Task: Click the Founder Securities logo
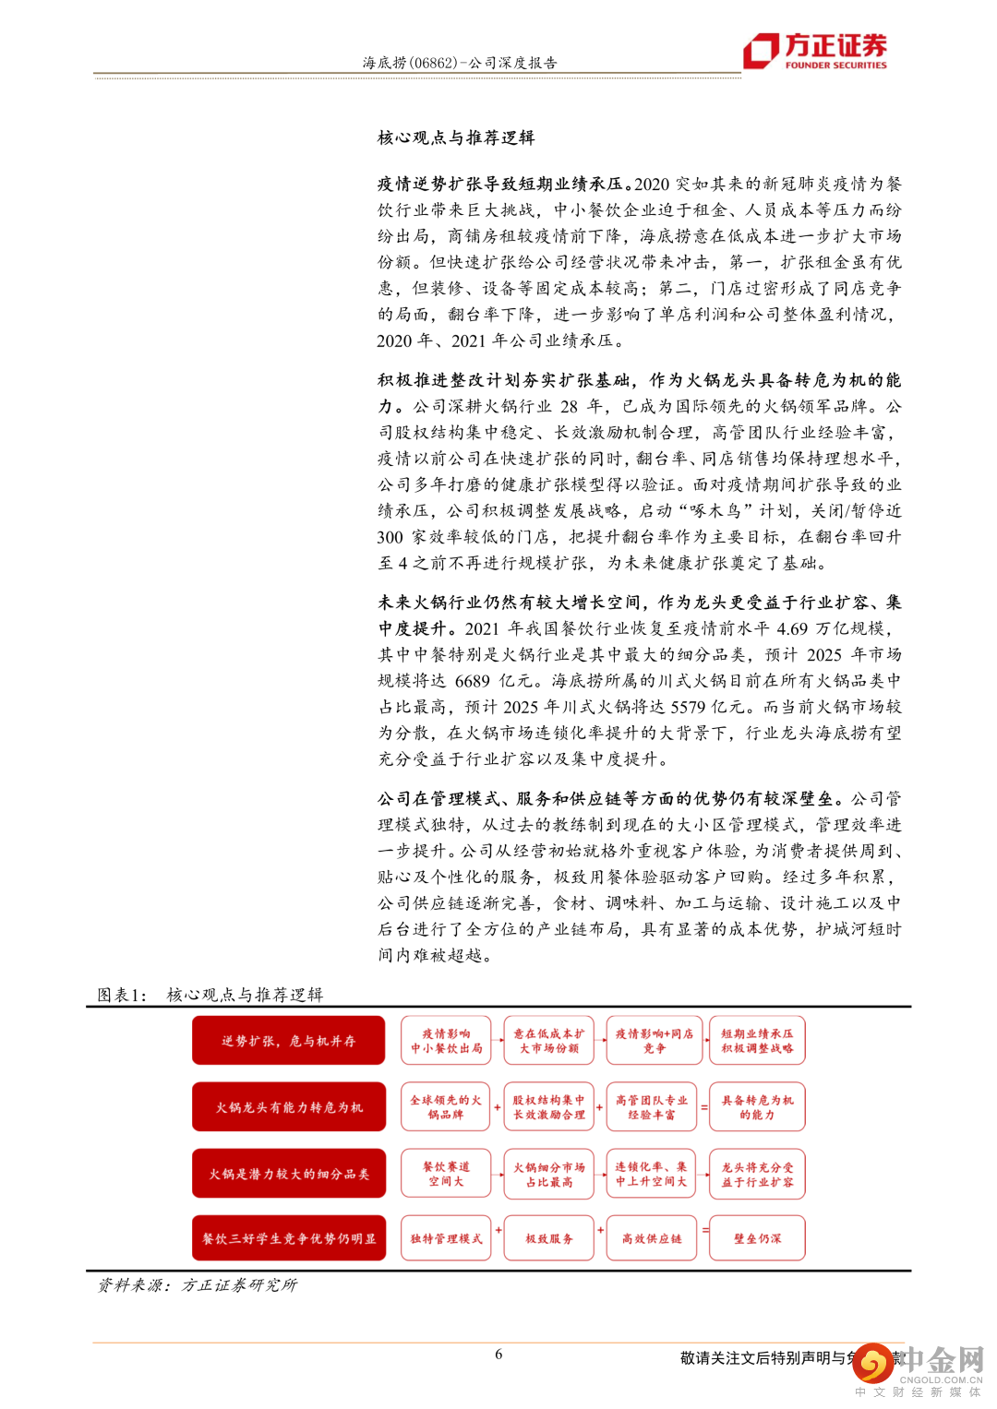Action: point(816,51)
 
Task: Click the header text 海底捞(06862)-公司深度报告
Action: point(459,63)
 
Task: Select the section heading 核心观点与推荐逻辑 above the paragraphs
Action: point(456,137)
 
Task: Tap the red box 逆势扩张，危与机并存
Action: point(288,1040)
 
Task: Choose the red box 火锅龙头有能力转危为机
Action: point(288,1106)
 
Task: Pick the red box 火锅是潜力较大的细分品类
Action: point(288,1173)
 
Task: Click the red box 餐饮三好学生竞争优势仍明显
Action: point(288,1238)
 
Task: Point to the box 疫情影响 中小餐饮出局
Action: point(446,1040)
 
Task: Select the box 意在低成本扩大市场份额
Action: point(549,1040)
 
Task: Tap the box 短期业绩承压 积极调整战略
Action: point(757,1040)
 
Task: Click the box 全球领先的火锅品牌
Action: point(446,1106)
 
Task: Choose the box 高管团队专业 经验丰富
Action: point(652,1106)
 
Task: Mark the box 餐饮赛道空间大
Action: point(446,1173)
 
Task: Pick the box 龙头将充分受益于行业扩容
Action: point(757,1173)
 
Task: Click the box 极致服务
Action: point(549,1238)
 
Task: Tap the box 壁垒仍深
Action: point(757,1238)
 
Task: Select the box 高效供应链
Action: point(652,1238)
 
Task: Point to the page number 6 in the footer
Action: point(498,1354)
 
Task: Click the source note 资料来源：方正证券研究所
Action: point(198,1284)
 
